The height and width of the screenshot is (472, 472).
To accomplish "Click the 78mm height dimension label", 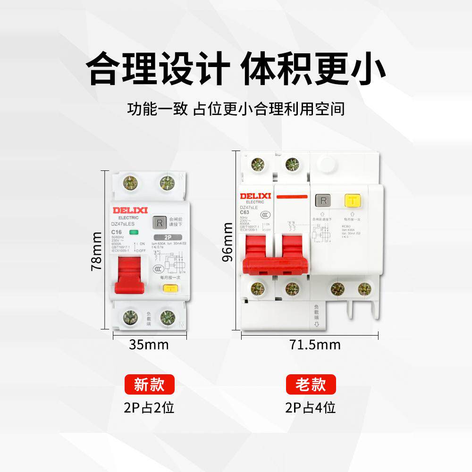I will pos(96,251).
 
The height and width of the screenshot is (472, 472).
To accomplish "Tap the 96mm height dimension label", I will pos(228,243).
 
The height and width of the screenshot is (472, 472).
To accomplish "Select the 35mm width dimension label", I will pos(149,344).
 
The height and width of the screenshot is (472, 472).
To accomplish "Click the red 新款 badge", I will pos(149,385).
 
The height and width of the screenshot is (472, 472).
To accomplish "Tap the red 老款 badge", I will pos(311,385).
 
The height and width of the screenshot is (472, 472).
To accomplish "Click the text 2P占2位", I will pos(149,407).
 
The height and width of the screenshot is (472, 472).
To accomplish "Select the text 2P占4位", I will pos(311,407).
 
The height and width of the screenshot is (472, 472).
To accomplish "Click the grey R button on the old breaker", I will pos(324,201).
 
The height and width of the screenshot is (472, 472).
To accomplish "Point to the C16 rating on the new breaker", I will pos(117,232).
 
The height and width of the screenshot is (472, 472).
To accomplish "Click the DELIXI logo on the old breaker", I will pos(255,196).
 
